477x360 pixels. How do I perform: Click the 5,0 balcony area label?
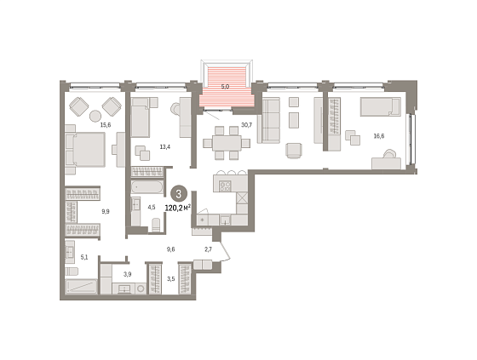[x=225, y=87]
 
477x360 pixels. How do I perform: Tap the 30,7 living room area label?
[x=246, y=124]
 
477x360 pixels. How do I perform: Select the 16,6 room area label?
[x=379, y=136]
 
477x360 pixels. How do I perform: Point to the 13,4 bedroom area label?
[x=165, y=147]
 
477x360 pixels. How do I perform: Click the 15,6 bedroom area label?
[x=106, y=124]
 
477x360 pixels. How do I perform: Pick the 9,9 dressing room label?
[x=106, y=211]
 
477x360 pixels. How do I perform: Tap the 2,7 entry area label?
[x=208, y=249]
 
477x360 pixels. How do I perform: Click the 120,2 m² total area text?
[x=178, y=208]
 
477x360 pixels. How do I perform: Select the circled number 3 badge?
[x=178, y=194]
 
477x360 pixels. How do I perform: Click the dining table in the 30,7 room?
[x=227, y=143]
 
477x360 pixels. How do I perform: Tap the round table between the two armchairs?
[x=95, y=116]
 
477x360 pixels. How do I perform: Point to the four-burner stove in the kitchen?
[x=225, y=186]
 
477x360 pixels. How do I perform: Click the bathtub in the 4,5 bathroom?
[x=147, y=187]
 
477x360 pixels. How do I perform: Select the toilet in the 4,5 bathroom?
[x=156, y=225]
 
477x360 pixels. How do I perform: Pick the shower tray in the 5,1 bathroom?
[x=81, y=287]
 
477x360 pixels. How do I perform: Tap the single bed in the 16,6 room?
[x=380, y=106]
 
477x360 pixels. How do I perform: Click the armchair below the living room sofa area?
[x=294, y=151]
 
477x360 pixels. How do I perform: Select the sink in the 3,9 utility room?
[x=124, y=289]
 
